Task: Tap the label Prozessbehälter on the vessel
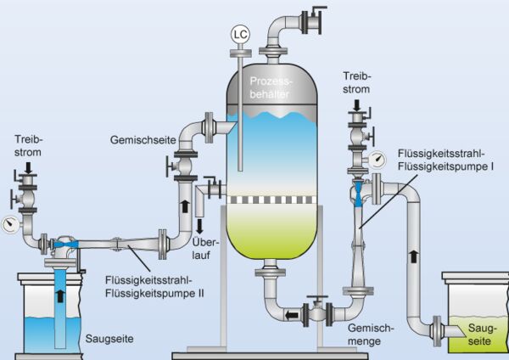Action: pos(270,87)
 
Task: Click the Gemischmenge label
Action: pos(371,333)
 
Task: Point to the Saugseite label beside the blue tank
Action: pos(106,338)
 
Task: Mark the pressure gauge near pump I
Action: pos(376,158)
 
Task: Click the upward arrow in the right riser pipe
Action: pos(414,254)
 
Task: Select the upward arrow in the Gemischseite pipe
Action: pos(183,205)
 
